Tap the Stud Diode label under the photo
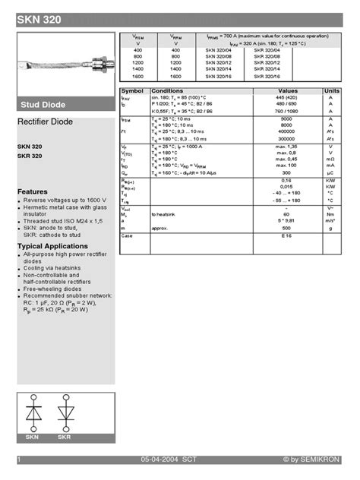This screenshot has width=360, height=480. [x=43, y=105]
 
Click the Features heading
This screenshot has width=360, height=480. [x=33, y=192]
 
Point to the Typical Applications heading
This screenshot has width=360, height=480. [x=52, y=246]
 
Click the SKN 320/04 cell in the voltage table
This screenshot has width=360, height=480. [x=219, y=50]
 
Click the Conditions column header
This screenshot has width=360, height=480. [x=167, y=90]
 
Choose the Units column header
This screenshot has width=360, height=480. [x=331, y=90]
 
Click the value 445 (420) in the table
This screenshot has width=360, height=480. [x=286, y=98]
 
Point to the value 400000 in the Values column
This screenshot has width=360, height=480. [x=286, y=131]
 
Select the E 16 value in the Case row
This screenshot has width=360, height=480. [x=286, y=236]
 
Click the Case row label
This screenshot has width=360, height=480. [x=127, y=236]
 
